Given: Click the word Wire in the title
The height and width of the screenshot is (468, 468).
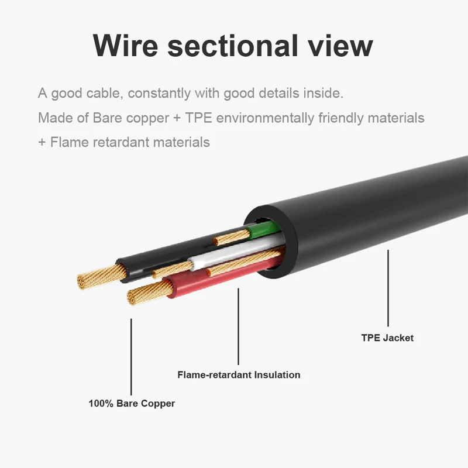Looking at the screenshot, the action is pos(125,46).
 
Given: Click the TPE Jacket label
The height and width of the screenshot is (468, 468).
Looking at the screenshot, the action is pos(387,338).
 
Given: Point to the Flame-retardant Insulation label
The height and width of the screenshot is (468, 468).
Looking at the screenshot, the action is pos(239,374).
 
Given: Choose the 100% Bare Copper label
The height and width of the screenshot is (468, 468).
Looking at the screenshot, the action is pos(132,403).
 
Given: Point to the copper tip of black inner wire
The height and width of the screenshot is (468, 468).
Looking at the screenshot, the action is pos(101,276).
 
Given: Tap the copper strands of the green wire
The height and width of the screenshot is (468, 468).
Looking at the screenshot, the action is pos(232,238).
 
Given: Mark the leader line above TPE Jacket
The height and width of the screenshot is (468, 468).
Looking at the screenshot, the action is pos(388,288).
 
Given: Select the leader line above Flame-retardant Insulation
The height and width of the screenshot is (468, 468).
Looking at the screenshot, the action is pos(238,326).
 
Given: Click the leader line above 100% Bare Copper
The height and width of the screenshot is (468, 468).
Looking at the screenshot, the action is pos(131,357).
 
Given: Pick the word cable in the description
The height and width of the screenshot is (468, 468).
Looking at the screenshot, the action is pos(105,93).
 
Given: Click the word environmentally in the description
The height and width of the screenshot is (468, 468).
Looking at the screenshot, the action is pos(265,118).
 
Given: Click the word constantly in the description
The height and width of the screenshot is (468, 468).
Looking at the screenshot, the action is pos(159,94).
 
